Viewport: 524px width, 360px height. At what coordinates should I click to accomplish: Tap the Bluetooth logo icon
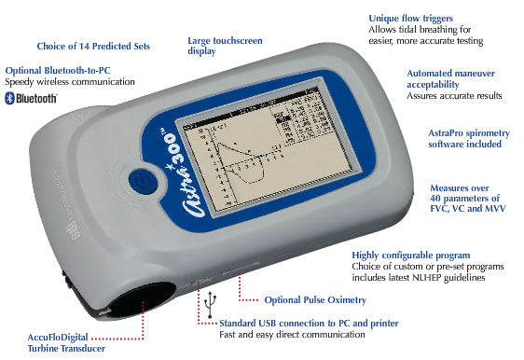coord(10,98)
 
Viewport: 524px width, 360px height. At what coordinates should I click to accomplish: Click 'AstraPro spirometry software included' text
coord(464,137)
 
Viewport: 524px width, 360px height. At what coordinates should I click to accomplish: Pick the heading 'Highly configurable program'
coord(410,255)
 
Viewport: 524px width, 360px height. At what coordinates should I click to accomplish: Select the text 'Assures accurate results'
coord(455,96)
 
